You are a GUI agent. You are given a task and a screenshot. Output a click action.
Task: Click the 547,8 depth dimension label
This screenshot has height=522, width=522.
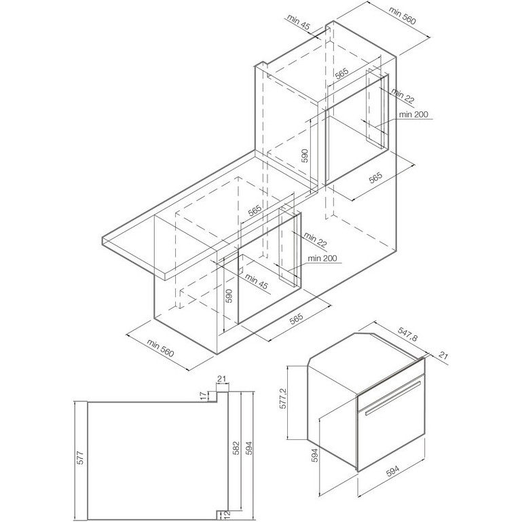(x=407, y=334)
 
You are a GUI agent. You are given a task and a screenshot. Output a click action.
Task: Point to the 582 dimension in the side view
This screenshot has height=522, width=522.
(x=236, y=448)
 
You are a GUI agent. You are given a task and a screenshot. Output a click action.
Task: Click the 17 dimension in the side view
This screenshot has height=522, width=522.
(x=202, y=396)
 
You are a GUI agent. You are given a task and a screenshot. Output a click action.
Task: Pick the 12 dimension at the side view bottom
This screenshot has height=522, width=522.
(x=227, y=515)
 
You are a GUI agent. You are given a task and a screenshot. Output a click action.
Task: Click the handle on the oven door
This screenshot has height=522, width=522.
(x=392, y=399)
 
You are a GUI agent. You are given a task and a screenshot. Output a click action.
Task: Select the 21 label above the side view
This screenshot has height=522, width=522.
(x=221, y=379)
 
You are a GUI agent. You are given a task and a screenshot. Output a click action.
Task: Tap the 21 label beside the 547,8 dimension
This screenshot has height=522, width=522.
(x=443, y=355)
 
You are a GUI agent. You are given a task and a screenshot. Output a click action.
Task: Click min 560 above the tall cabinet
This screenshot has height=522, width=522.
(x=402, y=16)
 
